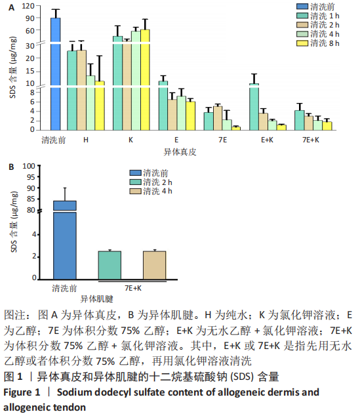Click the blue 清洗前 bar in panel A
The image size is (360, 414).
pos(56,74)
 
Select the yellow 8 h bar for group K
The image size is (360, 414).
pos(145,80)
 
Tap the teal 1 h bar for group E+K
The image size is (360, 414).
pos(254,107)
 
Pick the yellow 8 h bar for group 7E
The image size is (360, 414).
pos(236,129)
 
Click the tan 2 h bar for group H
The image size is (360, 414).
pos(81,90)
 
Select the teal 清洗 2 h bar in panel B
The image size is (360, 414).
pos(110,265)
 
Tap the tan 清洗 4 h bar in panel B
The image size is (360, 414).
pos(155,265)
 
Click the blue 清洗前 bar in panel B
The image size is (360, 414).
pos(65,240)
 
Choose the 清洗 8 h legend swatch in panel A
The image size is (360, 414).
pos(302,43)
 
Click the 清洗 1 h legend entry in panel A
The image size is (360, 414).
pos(318,16)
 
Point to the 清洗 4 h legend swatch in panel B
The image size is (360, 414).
pos(135,191)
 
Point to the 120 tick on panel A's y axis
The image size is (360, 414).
pos(28,6)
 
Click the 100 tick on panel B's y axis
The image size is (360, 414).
pos(29,166)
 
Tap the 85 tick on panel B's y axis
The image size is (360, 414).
pos(31,199)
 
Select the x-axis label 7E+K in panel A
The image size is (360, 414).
pos(311,140)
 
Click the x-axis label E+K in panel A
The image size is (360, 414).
pos(267,140)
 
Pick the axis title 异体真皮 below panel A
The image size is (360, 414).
pos(180,152)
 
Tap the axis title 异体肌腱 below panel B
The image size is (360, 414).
pos(96,299)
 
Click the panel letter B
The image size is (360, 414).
pos(11,167)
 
